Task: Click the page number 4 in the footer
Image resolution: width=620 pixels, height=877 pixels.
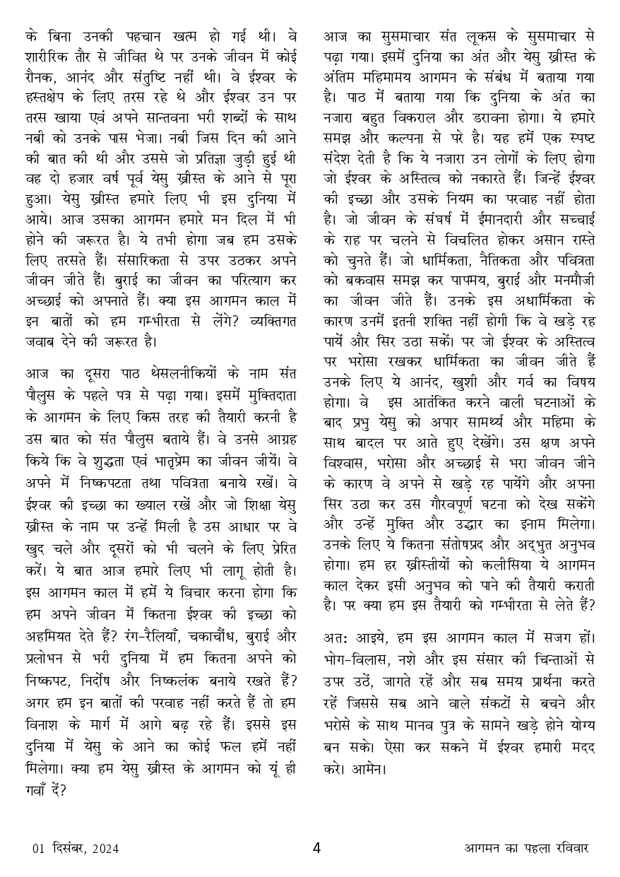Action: [316, 848]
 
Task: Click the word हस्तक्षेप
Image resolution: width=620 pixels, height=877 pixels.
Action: [56, 116]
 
